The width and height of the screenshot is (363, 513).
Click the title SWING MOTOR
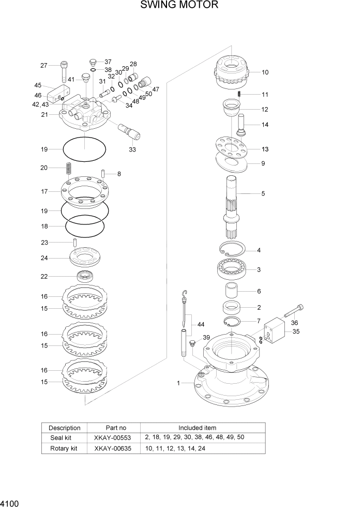coord(179,6)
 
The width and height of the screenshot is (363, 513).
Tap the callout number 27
coord(43,65)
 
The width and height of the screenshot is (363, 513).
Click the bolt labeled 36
coord(294,311)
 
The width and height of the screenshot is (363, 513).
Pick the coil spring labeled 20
coord(68,169)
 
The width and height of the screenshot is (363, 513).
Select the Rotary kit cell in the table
coord(64,448)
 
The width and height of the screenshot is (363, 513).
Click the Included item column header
coord(198,428)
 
